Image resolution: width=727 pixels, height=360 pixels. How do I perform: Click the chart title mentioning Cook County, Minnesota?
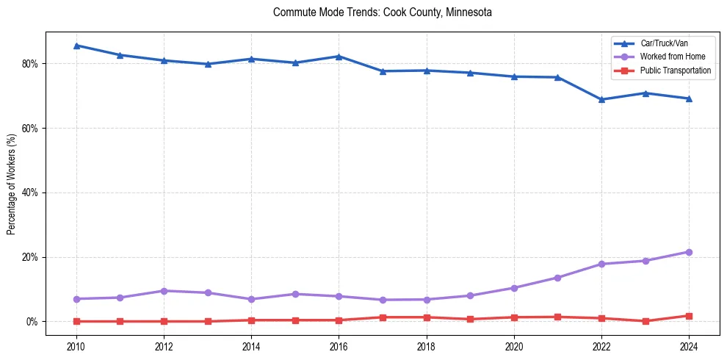pyautogui.click(x=382, y=12)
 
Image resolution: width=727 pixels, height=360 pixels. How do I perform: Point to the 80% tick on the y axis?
pyautogui.click(x=32, y=64)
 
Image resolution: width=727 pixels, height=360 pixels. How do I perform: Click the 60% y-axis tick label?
pyautogui.click(x=32, y=128)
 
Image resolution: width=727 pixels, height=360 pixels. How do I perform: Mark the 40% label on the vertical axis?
pyautogui.click(x=32, y=192)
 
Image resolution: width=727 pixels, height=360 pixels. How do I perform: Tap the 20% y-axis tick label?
pyautogui.click(x=32, y=257)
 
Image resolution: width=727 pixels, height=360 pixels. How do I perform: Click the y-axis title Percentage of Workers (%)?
pyautogui.click(x=12, y=184)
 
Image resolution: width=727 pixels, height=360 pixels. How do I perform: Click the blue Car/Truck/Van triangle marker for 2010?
pyautogui.click(x=76, y=46)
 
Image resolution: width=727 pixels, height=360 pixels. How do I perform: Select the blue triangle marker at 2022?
pyautogui.click(x=601, y=99)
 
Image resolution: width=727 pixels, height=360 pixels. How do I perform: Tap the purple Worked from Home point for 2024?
pyautogui.click(x=689, y=252)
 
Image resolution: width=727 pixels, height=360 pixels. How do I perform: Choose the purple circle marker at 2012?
pyautogui.click(x=164, y=291)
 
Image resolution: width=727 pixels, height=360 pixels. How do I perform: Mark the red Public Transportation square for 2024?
pyautogui.click(x=689, y=316)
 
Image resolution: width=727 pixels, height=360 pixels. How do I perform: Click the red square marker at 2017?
pyautogui.click(x=383, y=317)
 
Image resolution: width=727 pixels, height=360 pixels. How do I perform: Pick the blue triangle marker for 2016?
pyautogui.click(x=339, y=57)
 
